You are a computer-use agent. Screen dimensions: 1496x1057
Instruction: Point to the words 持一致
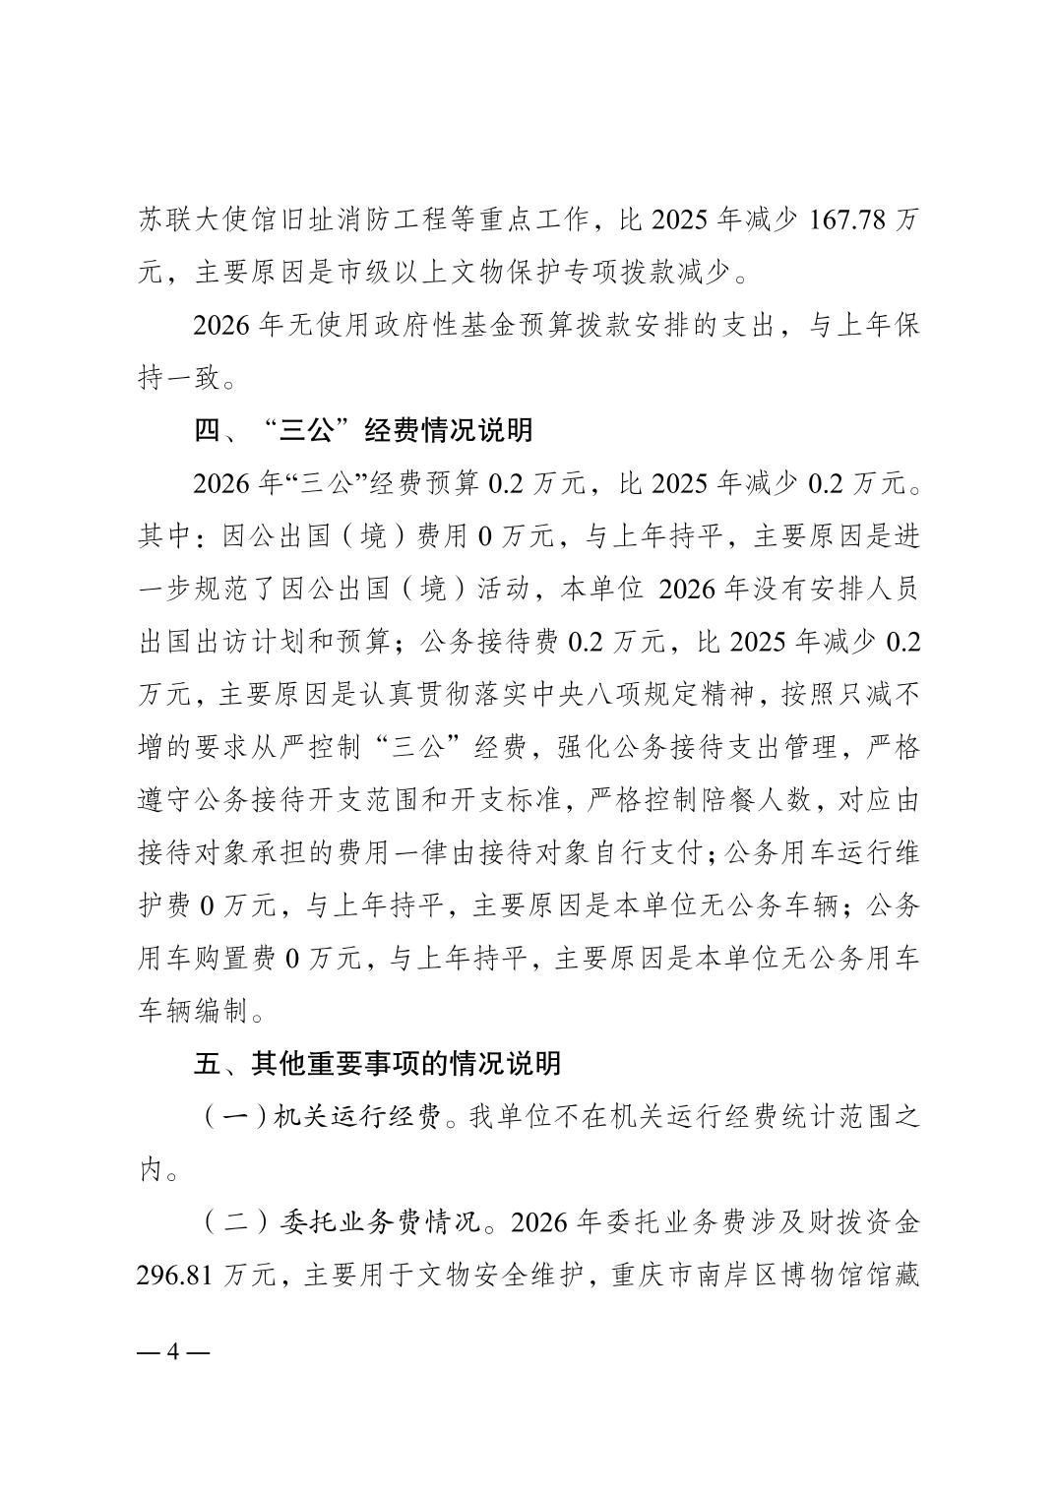coord(178,378)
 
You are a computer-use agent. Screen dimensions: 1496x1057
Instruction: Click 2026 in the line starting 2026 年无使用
coord(221,325)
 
